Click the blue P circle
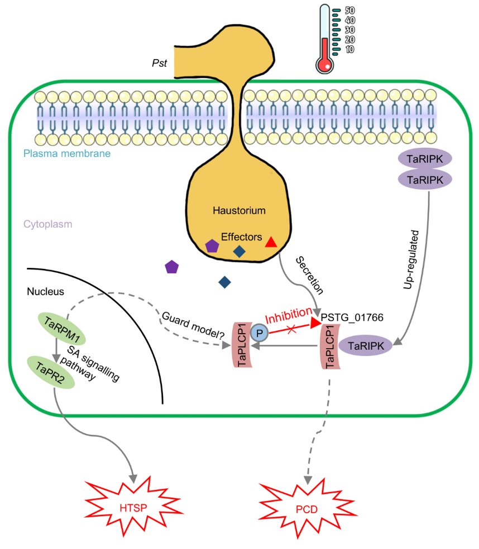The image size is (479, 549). coord(258,333)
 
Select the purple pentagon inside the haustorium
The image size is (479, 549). coord(212,246)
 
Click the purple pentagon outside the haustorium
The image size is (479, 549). coord(172,267)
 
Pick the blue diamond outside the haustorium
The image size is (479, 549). coord(225,282)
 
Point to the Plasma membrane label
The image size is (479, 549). coord(67,153)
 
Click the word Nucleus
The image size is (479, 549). coord(46,291)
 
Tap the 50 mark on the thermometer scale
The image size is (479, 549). coord(350,11)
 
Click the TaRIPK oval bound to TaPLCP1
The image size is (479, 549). coord(366,346)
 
